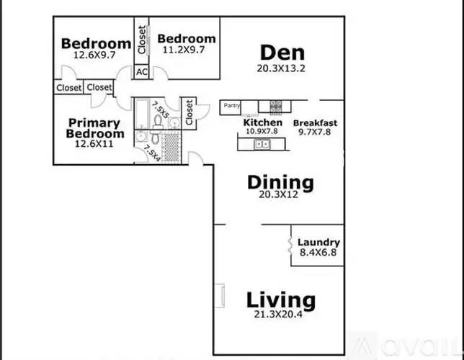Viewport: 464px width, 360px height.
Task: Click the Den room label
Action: click(282, 53)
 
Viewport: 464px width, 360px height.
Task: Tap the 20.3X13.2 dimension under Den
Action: click(282, 68)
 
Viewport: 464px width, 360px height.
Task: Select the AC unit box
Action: click(141, 72)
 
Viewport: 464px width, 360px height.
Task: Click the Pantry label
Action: click(231, 106)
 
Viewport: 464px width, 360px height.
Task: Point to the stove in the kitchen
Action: click(276, 107)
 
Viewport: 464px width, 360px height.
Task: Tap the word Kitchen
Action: click(262, 122)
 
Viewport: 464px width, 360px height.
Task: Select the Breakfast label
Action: click(315, 123)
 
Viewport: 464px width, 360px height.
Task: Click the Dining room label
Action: click(280, 182)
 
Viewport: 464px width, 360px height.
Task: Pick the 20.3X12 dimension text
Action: click(280, 195)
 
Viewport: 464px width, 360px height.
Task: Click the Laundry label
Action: click(318, 243)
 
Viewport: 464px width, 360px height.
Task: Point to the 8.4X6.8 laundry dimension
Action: click(318, 253)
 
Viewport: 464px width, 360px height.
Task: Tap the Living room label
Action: click(280, 300)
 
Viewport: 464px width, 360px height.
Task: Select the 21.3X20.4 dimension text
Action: click(280, 314)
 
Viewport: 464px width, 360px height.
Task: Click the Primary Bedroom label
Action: click(94, 128)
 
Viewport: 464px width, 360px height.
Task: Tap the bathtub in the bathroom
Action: click(141, 114)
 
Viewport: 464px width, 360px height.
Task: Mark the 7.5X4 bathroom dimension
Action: click(152, 153)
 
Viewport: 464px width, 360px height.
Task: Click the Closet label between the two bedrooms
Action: click(142, 41)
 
